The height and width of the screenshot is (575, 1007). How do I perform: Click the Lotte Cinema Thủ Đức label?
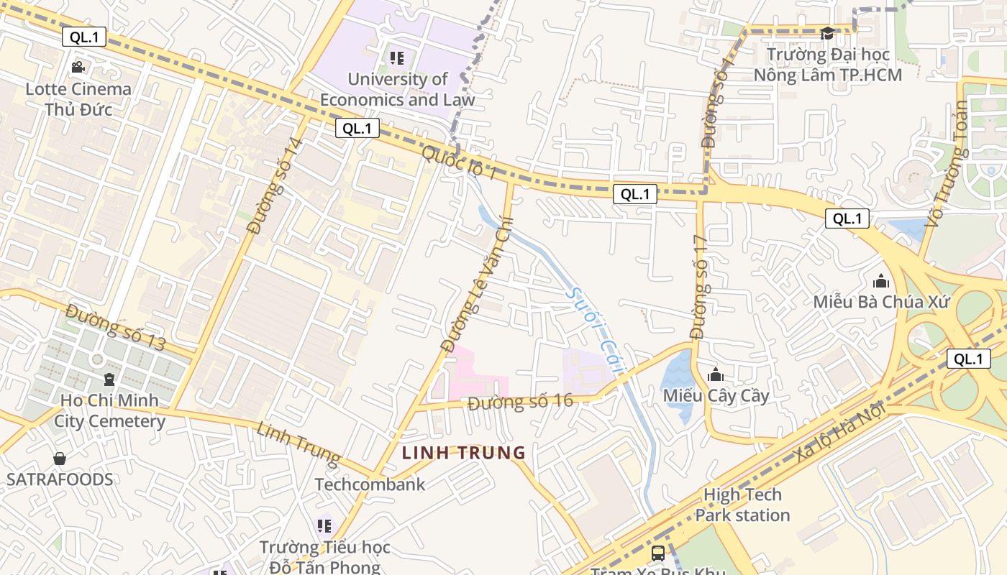point(78,99)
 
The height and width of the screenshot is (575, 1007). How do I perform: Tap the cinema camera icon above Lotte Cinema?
point(78,67)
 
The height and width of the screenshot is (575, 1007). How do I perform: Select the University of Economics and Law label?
point(397,89)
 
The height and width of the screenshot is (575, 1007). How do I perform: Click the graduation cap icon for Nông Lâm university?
point(827,34)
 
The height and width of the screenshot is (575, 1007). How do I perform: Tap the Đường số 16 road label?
point(520,401)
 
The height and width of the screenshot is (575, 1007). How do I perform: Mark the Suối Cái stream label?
point(596,327)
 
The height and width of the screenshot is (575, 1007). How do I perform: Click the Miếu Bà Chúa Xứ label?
point(881,301)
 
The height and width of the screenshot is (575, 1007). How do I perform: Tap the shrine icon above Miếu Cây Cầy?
point(716,374)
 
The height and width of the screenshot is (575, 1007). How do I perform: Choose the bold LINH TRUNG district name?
point(464,453)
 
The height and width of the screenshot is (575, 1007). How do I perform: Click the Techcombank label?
point(370,484)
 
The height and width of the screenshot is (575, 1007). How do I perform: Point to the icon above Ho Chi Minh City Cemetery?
point(109,379)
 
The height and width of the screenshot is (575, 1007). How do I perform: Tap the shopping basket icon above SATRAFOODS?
point(60,459)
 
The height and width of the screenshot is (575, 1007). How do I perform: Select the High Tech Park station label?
point(742,505)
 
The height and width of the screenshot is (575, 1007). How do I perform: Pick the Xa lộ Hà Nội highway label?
point(839,429)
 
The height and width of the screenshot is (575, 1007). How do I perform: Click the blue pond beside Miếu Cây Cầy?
point(676,381)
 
